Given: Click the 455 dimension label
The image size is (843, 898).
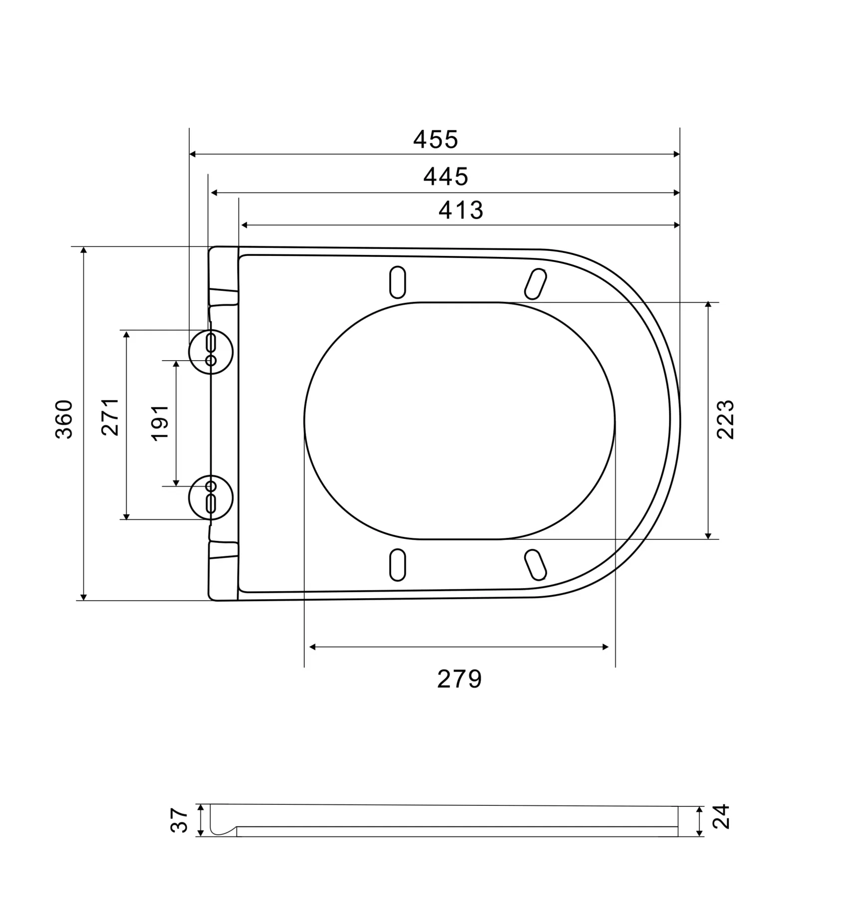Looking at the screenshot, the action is point(435,140).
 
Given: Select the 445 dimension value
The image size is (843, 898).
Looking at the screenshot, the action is point(446,177).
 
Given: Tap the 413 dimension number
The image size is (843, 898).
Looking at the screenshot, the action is point(461,211).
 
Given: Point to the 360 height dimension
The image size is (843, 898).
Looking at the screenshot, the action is point(64,419).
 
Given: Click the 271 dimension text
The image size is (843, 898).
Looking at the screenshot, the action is point(110,417).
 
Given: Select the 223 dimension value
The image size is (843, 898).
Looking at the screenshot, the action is point(726,420).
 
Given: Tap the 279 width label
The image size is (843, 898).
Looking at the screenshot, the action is point(459,679).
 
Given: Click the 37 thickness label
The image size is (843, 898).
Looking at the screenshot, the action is point(180,820).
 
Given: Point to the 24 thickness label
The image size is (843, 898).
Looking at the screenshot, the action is point(721,817).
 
